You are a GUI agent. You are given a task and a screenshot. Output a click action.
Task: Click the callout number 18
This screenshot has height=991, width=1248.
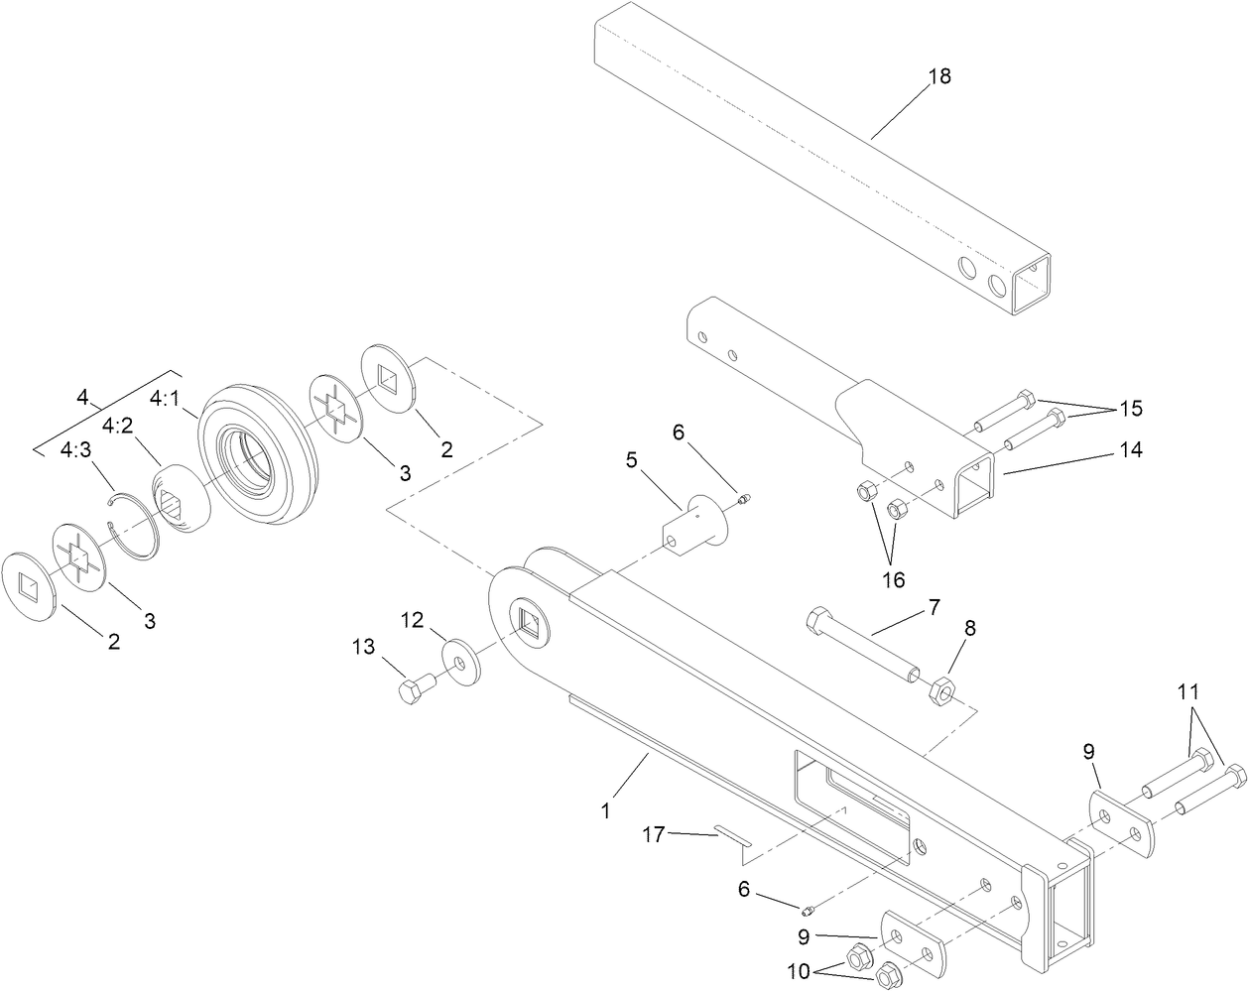[938, 76]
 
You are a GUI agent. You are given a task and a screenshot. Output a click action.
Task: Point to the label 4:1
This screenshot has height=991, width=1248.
[165, 398]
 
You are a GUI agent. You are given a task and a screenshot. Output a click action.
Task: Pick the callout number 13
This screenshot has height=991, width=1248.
[364, 647]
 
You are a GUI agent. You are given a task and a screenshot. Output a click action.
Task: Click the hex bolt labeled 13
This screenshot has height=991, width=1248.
[412, 690]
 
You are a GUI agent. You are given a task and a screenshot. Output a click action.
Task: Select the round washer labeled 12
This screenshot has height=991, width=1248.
[457, 661]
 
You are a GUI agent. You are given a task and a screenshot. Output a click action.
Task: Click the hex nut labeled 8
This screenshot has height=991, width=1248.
[941, 688]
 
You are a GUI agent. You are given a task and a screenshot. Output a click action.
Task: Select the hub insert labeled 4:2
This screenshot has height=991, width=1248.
[180, 499]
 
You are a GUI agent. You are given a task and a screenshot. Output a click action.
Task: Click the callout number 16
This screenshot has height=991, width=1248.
[894, 579]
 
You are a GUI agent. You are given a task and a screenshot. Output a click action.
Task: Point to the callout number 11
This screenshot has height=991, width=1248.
[1188, 689]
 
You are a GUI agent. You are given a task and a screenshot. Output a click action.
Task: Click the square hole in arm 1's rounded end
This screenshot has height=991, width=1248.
[530, 621]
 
